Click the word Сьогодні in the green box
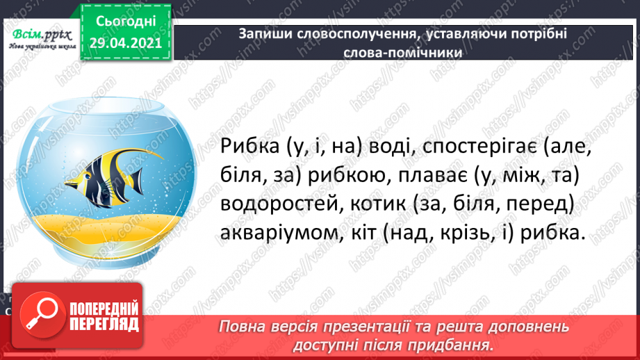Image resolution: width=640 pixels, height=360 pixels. point(126,22)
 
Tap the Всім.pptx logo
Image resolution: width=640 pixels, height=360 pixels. point(42,39)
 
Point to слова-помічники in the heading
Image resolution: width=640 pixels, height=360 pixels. point(403,52)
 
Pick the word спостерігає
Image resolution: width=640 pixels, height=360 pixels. point(480,147)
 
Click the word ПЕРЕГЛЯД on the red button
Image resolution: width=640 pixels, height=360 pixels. point(104,324)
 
